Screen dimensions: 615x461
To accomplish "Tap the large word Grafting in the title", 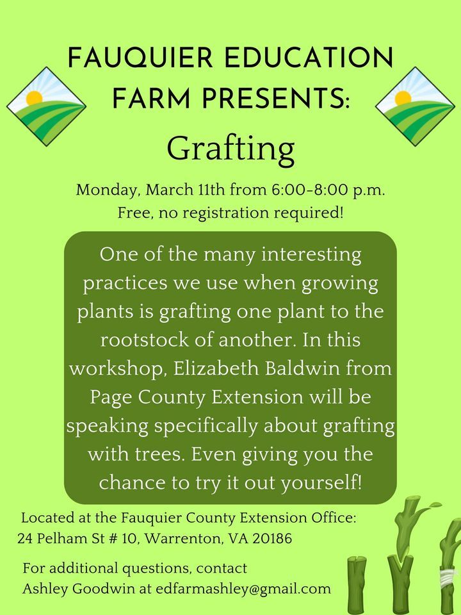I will click(230, 148).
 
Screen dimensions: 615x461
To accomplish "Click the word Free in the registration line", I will click(133, 213).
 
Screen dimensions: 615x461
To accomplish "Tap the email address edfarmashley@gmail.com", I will click(243, 588).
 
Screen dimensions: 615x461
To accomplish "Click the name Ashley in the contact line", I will click(45, 588).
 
